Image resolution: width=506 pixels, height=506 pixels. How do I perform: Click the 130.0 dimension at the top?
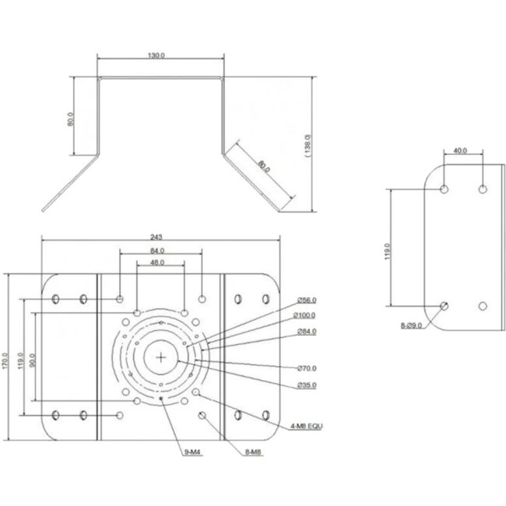click(156, 55)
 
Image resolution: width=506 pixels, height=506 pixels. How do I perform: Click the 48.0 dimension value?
click(156, 263)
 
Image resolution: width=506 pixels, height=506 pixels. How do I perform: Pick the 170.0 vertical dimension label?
click(6, 359)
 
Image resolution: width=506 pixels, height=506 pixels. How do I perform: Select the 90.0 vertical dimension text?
click(32, 359)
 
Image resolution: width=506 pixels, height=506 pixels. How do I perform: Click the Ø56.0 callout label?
click(307, 300)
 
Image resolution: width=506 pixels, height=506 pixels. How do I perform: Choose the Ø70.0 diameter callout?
click(307, 368)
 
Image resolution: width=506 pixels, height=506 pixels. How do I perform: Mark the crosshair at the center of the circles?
click(161, 357)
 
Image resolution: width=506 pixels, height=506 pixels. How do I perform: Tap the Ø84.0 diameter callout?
click(307, 332)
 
